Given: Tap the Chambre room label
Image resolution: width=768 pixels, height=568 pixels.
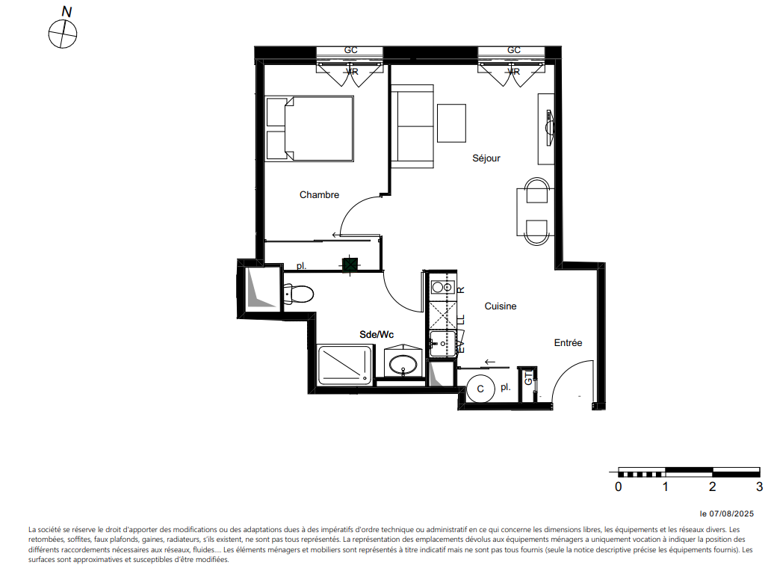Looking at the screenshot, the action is pyautogui.click(x=319, y=194).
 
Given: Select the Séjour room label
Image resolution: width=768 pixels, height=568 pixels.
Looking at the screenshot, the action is pyautogui.click(x=486, y=158).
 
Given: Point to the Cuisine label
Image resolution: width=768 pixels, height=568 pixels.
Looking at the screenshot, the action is pyautogui.click(x=500, y=306).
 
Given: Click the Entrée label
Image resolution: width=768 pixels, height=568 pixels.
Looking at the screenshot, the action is pyautogui.click(x=568, y=342).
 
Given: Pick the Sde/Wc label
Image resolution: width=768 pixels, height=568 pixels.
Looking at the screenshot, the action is pyautogui.click(x=377, y=334).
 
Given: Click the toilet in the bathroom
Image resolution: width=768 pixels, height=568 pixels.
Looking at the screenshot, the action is pyautogui.click(x=298, y=294).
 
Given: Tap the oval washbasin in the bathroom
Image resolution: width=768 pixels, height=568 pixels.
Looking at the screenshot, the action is pyautogui.click(x=403, y=364).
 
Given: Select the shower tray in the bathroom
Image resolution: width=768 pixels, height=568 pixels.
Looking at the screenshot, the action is pyautogui.click(x=345, y=365).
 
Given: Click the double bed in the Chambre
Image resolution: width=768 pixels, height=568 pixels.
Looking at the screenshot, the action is pyautogui.click(x=309, y=129).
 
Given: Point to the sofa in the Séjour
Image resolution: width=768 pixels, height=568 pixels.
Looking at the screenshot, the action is pyautogui.click(x=412, y=126).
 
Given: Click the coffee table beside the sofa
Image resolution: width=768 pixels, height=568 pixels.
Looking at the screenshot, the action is pyautogui.click(x=451, y=123).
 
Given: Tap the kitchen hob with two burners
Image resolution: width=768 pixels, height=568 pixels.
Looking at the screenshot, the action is pyautogui.click(x=442, y=287).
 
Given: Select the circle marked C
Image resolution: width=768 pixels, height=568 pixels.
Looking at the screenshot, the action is pyautogui.click(x=480, y=389).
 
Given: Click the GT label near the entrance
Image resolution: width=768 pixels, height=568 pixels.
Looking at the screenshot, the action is pyautogui.click(x=528, y=378).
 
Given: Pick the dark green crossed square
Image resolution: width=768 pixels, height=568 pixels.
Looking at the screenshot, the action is pyautogui.click(x=350, y=265).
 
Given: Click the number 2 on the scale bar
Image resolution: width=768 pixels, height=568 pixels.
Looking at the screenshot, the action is pyautogui.click(x=712, y=486).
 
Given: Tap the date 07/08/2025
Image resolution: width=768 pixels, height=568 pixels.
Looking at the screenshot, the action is pyautogui.click(x=731, y=513).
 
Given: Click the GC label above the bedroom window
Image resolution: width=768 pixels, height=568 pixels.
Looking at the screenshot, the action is pyautogui.click(x=350, y=50).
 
